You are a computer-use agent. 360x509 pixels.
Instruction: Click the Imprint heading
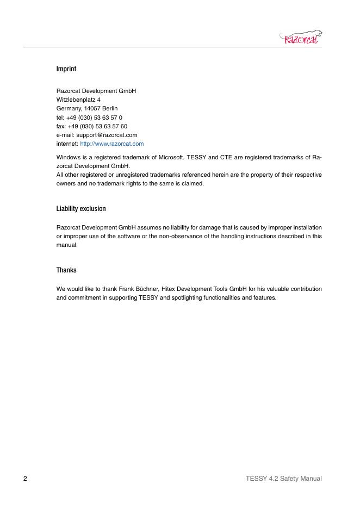[66, 70]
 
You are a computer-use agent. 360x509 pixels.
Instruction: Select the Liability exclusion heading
[81, 209]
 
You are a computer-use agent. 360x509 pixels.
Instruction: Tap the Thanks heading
[66, 270]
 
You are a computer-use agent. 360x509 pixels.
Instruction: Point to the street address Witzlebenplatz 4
[78, 100]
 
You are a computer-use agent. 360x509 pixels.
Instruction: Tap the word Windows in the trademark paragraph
[69, 157]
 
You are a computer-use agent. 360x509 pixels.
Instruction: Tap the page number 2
[25, 479]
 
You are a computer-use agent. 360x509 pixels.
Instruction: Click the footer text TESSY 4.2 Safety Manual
[283, 479]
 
